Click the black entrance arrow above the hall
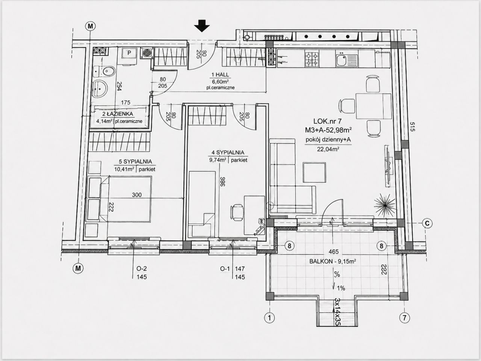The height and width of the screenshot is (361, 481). click(202, 26)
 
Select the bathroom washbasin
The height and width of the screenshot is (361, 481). click(100, 88)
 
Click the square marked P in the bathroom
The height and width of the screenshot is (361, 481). click(129, 53)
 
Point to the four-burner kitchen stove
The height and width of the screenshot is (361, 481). click(312, 59)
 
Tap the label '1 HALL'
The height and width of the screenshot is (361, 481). click(220, 75)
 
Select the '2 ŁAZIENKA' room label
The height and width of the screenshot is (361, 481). click(118, 114)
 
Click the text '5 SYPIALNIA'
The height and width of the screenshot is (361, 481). click(135, 162)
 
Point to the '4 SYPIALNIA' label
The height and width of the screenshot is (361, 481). click(228, 152)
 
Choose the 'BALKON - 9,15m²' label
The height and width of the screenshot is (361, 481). click(333, 261)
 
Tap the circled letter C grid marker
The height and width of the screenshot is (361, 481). click(427, 223)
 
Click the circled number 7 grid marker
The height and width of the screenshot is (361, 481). click(404, 318)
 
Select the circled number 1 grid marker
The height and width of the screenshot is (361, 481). click(269, 318)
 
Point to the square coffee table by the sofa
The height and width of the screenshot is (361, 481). click(314, 172)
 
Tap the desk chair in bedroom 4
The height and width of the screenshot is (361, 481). click(237, 212)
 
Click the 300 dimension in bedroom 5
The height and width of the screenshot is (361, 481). click(137, 195)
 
